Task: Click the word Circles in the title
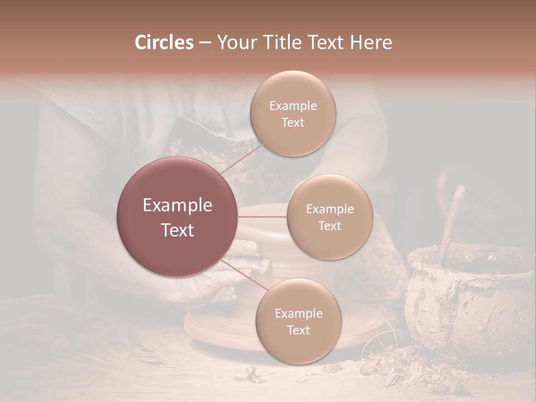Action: click(x=164, y=42)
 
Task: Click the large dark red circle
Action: click(x=177, y=217)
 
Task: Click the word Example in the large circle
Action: click(x=177, y=205)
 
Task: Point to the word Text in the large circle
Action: click(x=177, y=230)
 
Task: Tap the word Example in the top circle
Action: click(x=293, y=106)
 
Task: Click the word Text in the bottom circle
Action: click(x=298, y=330)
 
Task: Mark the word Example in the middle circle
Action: click(x=329, y=209)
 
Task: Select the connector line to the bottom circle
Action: click(x=246, y=275)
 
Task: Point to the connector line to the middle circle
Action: click(x=262, y=217)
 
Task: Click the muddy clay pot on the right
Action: click(x=469, y=301)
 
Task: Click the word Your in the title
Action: click(x=235, y=42)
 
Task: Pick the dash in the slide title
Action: click(x=204, y=43)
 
